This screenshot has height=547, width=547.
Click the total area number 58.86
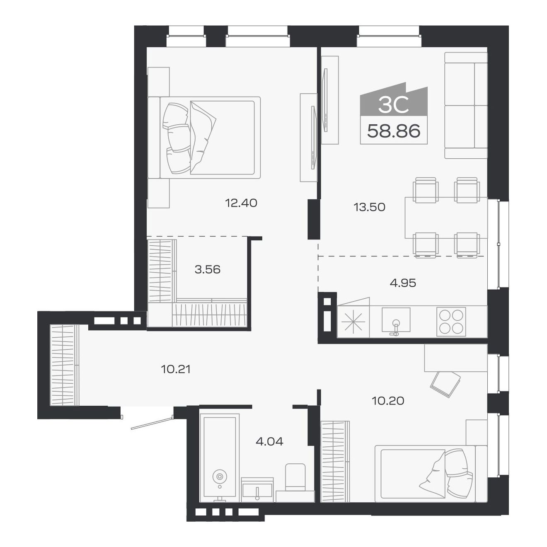(394, 131)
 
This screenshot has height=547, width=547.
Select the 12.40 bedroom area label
(241, 203)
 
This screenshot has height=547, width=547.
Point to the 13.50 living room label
(369, 207)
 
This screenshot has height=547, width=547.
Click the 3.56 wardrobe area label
(207, 269)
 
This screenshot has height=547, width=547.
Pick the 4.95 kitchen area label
(403, 283)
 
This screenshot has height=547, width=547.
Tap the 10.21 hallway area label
(176, 369)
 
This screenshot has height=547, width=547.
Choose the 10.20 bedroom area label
(388, 401)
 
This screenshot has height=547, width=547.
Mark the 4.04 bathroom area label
(269, 442)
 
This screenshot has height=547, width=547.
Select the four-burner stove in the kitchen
(451, 322)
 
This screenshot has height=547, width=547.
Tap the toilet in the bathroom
(295, 479)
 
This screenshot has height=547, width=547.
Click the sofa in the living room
(465, 105)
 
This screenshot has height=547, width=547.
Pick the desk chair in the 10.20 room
(445, 383)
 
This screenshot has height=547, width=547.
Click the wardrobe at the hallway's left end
(64, 365)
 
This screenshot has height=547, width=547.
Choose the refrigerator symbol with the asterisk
(353, 322)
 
